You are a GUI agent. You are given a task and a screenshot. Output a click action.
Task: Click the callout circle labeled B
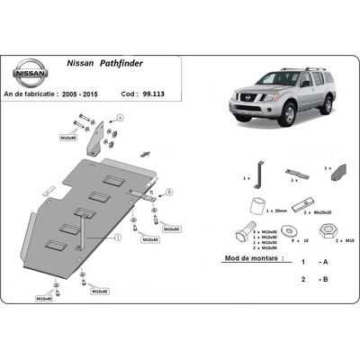[x=166, y=191]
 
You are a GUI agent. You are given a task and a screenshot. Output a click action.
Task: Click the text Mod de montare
[x=244, y=260]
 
